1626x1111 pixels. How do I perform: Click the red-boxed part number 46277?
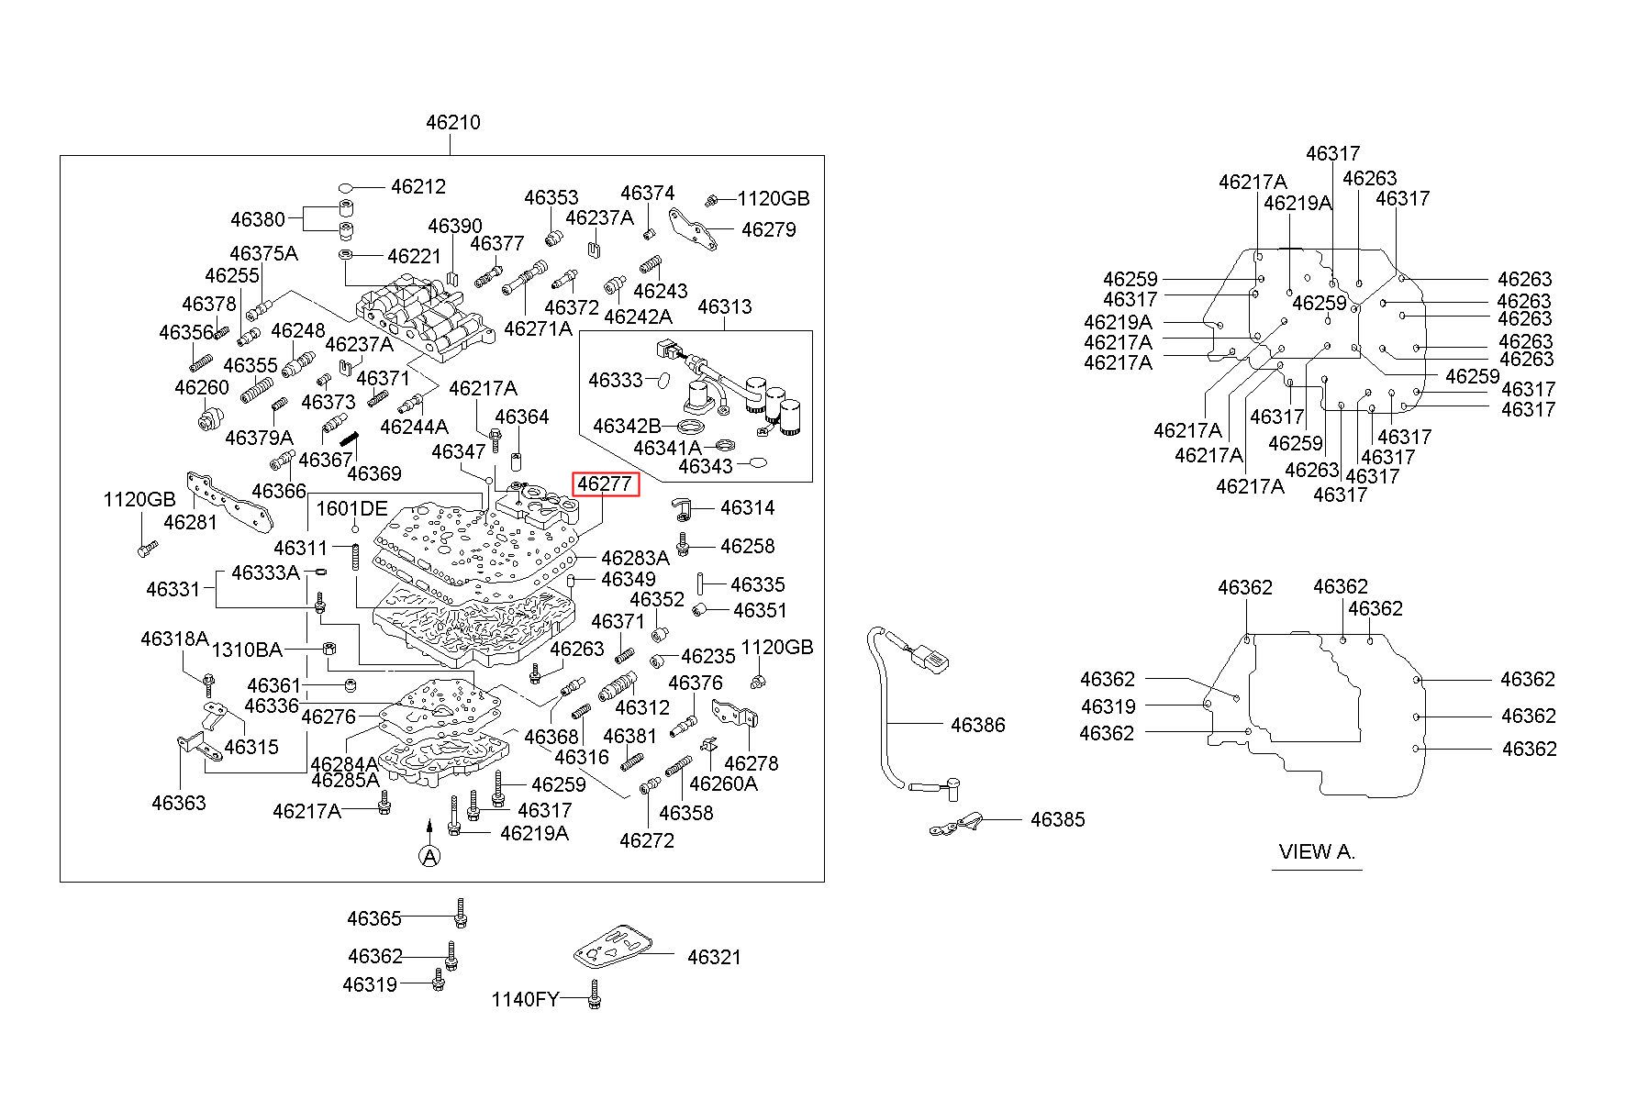pos(605,483)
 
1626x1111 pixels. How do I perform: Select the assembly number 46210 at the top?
pos(453,122)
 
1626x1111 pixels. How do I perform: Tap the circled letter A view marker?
pos(429,855)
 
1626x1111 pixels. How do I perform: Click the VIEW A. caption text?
pos(1317,851)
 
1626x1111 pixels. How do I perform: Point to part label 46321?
pos(714,957)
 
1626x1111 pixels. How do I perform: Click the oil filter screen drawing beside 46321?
pos(613,954)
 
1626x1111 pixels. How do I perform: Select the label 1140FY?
pos(525,999)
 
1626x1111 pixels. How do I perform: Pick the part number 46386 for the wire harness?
pos(978,725)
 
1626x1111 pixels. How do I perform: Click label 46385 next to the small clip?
pos(1057,819)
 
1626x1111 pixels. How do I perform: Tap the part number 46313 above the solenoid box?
pos(725,306)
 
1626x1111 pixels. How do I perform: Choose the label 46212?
pos(418,186)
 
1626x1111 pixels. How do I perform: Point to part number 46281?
pos(191,522)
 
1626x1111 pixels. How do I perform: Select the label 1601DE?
pos(352,509)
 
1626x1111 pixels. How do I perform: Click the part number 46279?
pos(769,229)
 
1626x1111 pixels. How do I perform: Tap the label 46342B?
pos(627,426)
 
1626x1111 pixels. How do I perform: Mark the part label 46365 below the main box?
pos(374,918)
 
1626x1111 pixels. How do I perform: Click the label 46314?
pos(748,507)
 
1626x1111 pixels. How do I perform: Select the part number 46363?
pos(179,803)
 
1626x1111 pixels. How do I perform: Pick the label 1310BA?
pos(247,650)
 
